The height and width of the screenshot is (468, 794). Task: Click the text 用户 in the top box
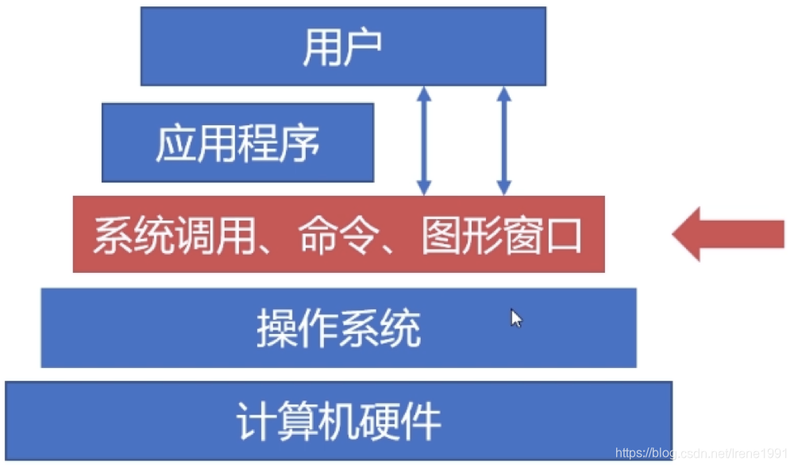pos(342,48)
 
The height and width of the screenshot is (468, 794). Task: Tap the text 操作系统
pos(338,328)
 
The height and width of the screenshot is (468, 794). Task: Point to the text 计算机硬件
pos(338,421)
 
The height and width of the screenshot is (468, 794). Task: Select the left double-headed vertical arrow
pos(424,140)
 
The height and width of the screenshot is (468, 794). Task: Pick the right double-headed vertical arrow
pos(503,140)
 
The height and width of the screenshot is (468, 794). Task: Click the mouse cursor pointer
pos(515,318)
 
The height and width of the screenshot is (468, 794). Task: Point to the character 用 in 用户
pos(322,48)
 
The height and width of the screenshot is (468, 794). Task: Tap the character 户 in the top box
pos(363,48)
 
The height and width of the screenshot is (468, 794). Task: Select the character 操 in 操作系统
pos(276,328)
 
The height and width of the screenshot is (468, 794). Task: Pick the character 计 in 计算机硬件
pos(256,421)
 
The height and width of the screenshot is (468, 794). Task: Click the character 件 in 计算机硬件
pos(421,421)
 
